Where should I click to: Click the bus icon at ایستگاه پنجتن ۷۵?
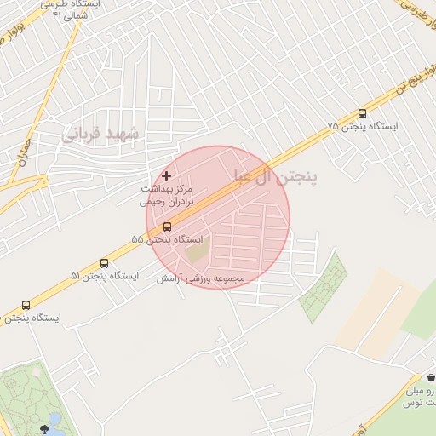coord(362,113)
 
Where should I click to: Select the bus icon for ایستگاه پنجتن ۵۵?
coord(166,227)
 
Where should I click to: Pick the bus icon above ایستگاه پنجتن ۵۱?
coord(104,264)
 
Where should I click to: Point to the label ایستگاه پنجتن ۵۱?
coord(104,277)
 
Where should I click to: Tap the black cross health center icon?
coord(166,175)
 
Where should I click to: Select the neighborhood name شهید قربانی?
coord(105,133)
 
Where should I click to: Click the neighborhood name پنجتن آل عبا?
coord(273,176)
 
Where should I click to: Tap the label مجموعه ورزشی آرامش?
coord(200,278)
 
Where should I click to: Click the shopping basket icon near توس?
coord(431,377)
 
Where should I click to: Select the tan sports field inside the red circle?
coord(197,250)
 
